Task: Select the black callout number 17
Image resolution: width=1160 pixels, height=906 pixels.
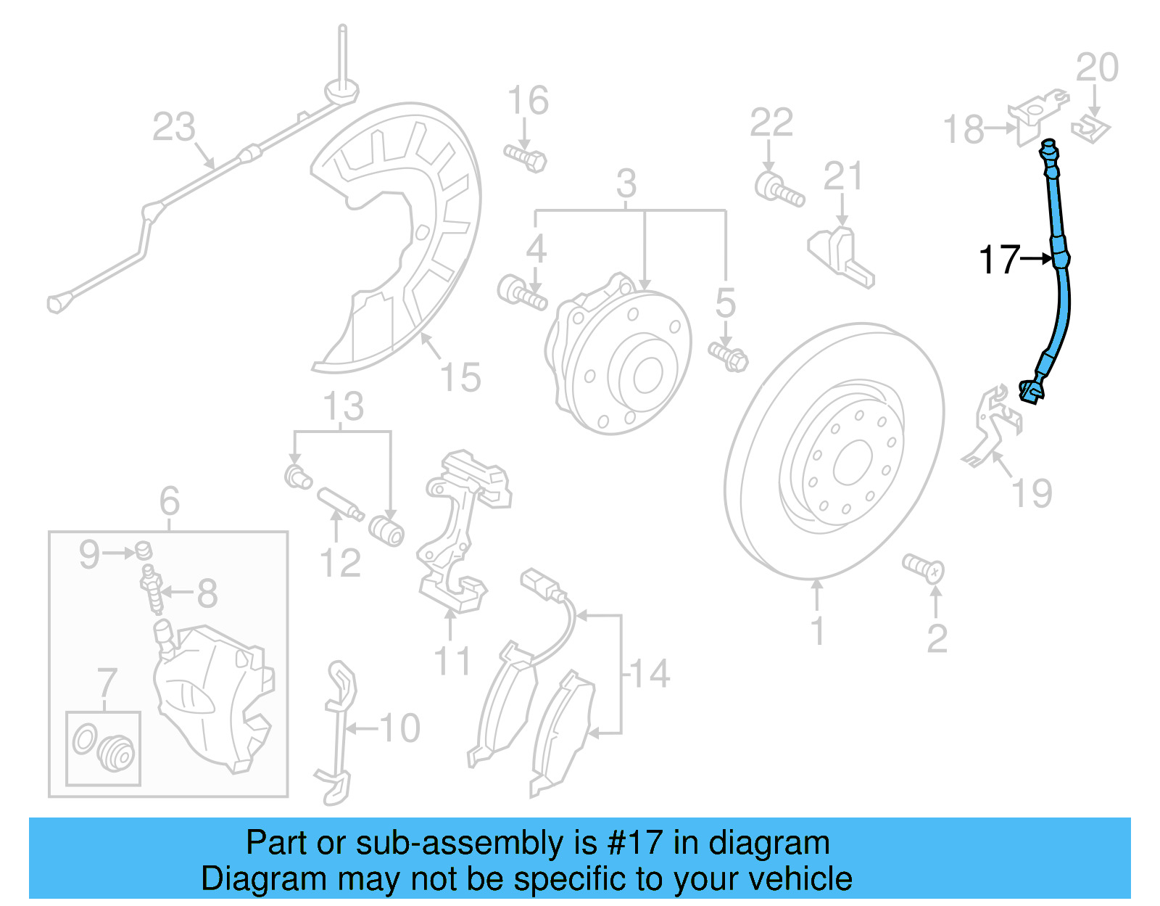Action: (x=999, y=260)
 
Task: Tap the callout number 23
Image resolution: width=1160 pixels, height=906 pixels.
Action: (x=174, y=127)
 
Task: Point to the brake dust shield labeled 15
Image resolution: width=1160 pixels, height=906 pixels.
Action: (x=406, y=239)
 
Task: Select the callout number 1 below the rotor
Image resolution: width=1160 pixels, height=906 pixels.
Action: (x=817, y=631)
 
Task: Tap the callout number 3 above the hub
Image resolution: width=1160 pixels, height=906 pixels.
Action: (x=626, y=184)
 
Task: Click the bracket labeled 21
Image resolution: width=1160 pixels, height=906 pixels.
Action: (x=841, y=258)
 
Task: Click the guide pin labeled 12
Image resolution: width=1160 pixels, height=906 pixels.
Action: (x=339, y=505)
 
